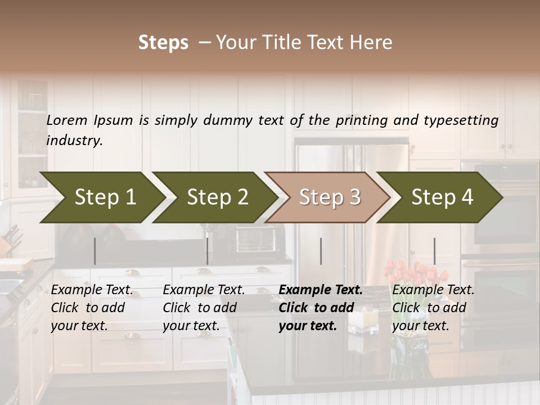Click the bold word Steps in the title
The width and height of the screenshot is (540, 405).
(163, 43)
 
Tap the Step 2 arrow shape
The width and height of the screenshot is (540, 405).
(214, 197)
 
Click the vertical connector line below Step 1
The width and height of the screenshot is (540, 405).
(95, 251)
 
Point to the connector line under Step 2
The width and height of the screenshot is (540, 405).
(208, 251)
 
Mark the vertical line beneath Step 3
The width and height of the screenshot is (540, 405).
(321, 251)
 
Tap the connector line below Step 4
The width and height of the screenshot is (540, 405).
(434, 251)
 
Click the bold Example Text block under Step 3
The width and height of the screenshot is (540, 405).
(320, 308)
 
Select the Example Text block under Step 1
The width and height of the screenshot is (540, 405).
(92, 308)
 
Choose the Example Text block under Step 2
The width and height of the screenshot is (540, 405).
(204, 308)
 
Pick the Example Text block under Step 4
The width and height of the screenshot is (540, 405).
(433, 308)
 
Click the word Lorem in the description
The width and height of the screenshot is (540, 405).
(67, 120)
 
